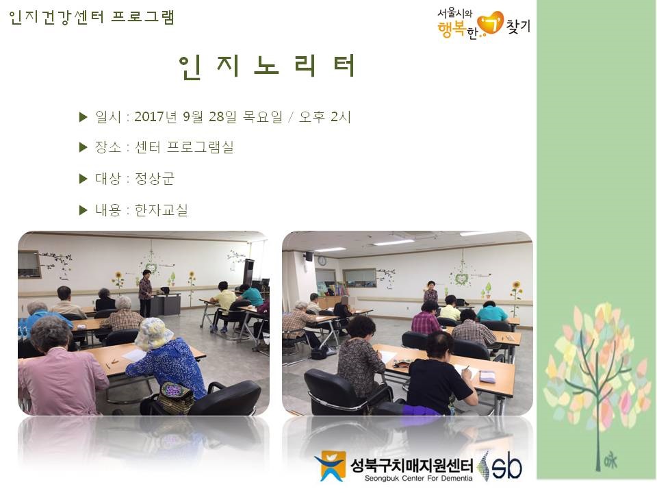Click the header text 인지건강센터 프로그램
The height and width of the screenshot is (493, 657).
click(x=92, y=17)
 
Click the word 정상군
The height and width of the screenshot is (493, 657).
click(x=155, y=179)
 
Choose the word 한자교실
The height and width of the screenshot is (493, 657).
click(x=161, y=210)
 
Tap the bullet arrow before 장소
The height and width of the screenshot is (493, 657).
click(x=83, y=147)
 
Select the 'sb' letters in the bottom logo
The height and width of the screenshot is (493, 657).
click(x=506, y=466)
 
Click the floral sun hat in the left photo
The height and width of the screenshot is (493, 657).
click(x=153, y=333)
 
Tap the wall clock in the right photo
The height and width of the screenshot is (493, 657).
click(x=321, y=261)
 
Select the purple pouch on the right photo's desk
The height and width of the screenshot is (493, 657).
click(x=487, y=376)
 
